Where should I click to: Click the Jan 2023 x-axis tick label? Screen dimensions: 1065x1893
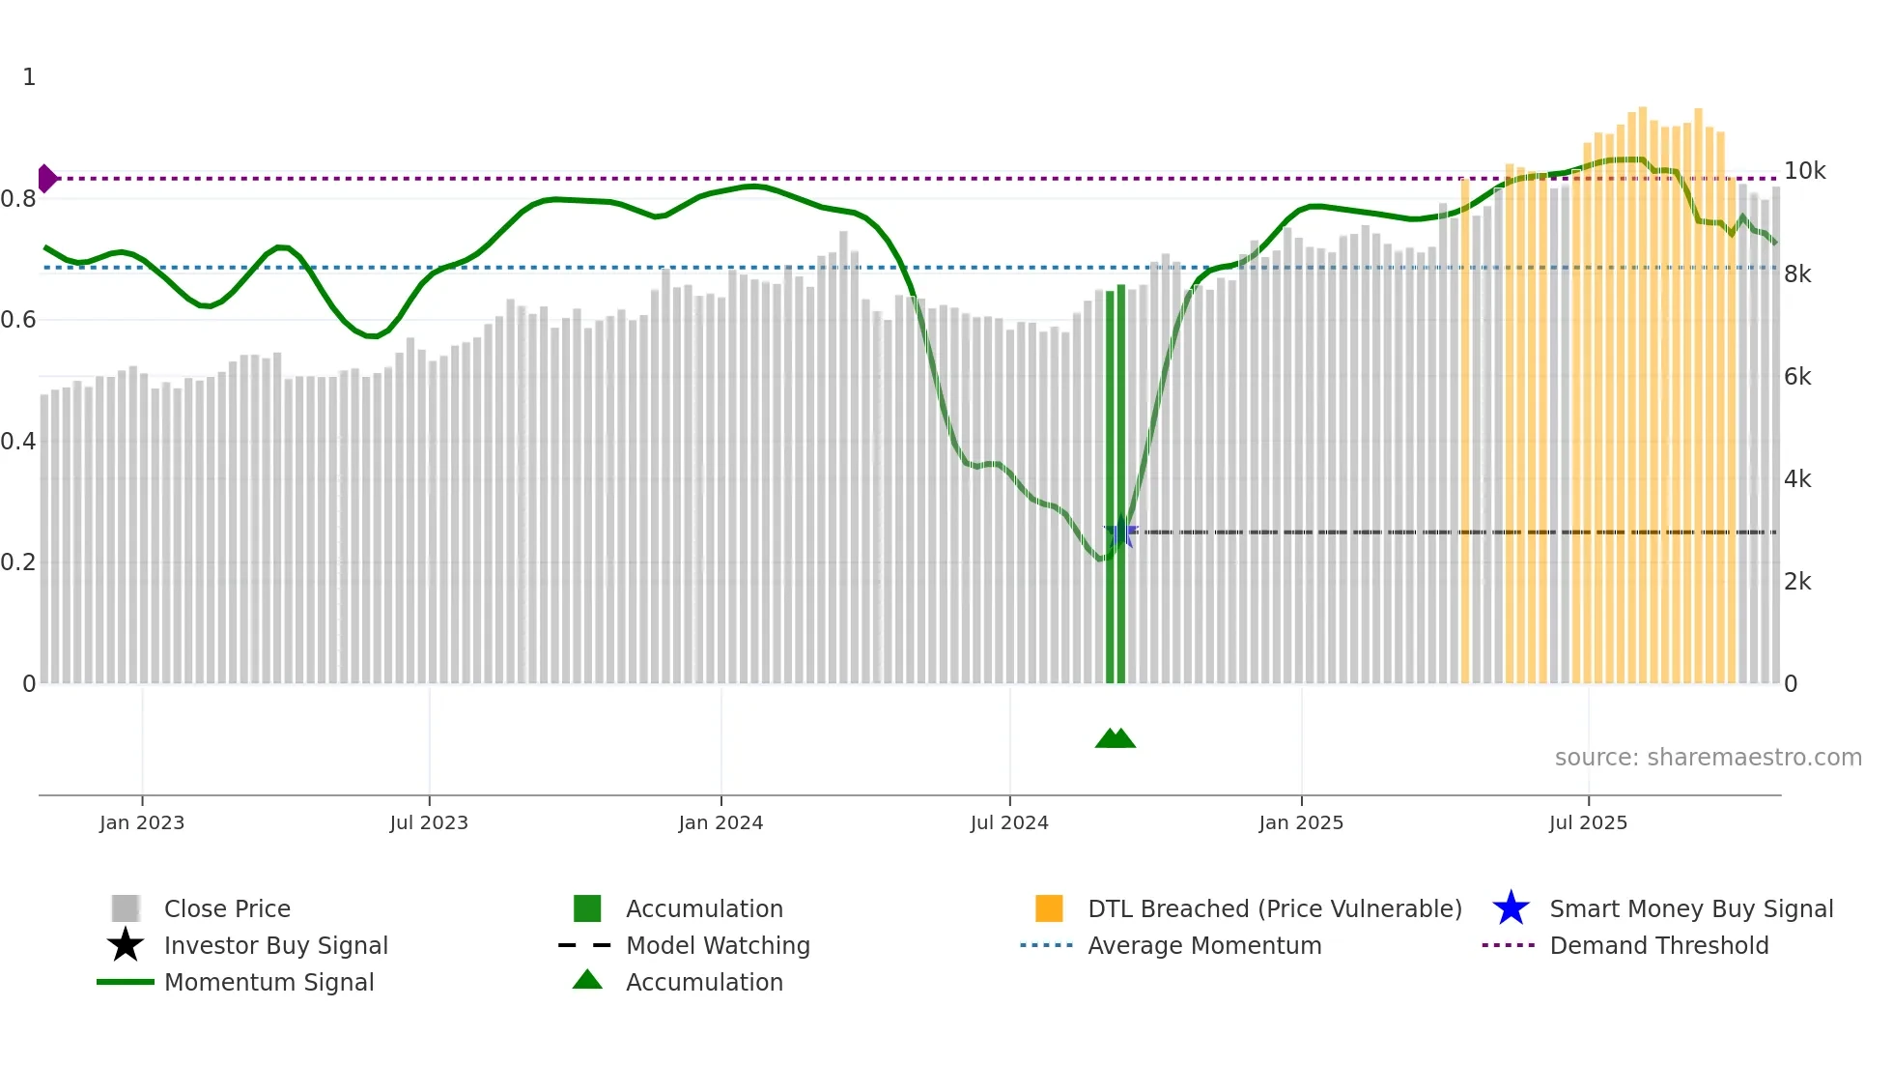[x=141, y=822]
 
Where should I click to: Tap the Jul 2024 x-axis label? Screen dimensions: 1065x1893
[x=1008, y=822]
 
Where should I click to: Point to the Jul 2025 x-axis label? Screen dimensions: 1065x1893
[x=1588, y=822]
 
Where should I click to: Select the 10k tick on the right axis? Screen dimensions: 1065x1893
[x=1804, y=171]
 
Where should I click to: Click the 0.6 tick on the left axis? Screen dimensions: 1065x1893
[x=18, y=320]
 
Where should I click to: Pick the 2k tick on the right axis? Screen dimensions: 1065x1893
[x=1797, y=582]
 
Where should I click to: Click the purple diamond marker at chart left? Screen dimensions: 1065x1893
[x=46, y=179]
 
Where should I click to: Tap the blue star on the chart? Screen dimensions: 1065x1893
[x=1120, y=532]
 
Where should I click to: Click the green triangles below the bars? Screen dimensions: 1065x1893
[x=1116, y=738]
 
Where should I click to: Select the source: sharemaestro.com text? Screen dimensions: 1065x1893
[x=1708, y=758]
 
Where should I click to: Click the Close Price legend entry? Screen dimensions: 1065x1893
[x=227, y=908]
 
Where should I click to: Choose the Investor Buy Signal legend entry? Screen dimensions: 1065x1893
[x=275, y=945]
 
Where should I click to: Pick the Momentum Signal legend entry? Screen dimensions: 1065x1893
[x=268, y=982]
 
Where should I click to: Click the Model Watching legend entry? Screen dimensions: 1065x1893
[x=718, y=945]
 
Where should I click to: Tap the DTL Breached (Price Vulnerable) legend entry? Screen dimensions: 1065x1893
[x=1274, y=908]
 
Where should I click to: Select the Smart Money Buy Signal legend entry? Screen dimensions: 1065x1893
[x=1690, y=908]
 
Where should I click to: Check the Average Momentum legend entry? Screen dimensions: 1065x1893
[x=1203, y=945]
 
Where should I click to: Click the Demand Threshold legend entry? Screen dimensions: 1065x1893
[x=1658, y=945]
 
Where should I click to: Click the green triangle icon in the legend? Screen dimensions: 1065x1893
[x=587, y=980]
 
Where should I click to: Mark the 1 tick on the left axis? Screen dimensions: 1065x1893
[x=29, y=77]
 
